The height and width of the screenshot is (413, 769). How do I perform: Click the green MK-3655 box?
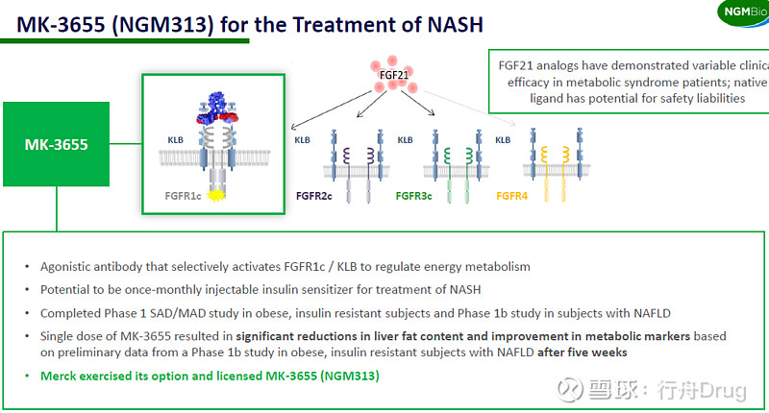pos(56,145)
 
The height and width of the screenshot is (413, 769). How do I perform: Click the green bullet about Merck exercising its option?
pos(210,376)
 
